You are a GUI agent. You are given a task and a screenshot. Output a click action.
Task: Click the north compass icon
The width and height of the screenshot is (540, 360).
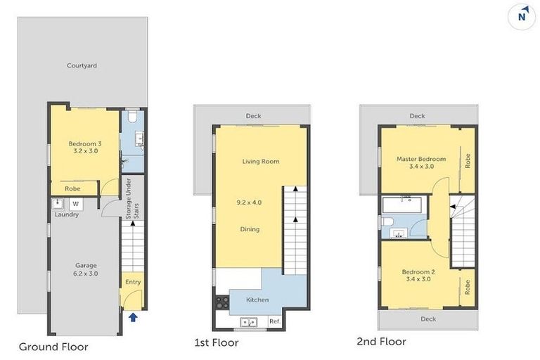click(522, 16)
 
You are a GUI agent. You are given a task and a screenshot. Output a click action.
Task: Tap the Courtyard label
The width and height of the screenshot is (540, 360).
click(82, 66)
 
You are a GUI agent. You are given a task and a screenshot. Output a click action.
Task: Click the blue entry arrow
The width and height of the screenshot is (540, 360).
click(133, 318)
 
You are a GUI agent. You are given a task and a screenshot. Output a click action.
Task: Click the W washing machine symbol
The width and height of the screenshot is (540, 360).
click(75, 205)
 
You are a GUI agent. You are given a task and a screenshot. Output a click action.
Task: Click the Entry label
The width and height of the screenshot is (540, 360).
click(132, 282)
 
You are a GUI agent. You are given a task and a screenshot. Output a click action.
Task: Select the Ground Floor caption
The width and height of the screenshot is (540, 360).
click(53, 346)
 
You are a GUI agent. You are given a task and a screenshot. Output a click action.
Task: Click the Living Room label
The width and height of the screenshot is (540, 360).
click(261, 162)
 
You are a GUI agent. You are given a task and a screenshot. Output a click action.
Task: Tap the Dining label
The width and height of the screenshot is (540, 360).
click(249, 229)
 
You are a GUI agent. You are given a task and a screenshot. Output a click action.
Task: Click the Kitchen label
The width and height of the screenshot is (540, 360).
click(257, 300)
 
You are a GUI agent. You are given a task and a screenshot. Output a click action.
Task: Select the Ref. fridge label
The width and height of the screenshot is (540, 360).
click(274, 322)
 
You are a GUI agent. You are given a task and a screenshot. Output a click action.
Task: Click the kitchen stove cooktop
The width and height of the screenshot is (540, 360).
click(221, 303)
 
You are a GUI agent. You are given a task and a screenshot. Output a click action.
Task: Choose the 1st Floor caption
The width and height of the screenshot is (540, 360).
click(216, 343)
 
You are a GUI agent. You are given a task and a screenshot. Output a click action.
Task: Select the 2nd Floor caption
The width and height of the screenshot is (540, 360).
click(381, 342)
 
